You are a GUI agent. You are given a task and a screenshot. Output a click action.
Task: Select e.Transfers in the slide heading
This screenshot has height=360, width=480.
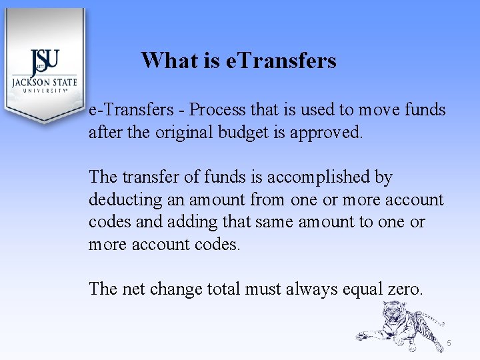point(281,61)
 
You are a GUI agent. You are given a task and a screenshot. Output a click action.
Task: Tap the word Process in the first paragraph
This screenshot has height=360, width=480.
point(217,109)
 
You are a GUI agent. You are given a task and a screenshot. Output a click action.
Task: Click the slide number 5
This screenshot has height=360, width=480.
point(449,343)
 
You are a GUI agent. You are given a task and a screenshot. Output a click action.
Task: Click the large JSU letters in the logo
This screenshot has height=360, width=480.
point(45,63)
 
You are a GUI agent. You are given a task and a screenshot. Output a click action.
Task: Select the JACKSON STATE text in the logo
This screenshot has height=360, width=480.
point(44,83)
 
